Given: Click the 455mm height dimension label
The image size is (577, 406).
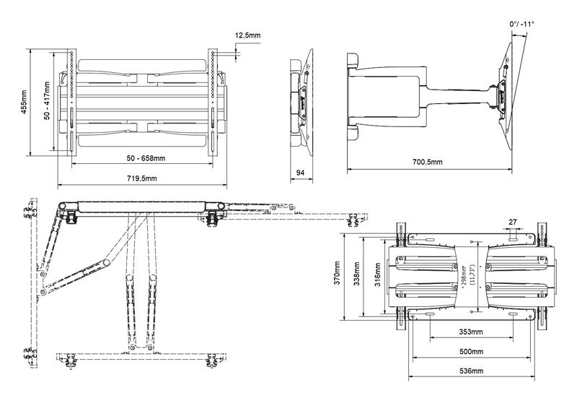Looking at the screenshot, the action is [x=24, y=102].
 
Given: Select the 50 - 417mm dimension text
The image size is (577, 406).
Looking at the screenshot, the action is [x=47, y=100].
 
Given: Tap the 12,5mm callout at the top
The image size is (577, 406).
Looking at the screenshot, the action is [x=247, y=35].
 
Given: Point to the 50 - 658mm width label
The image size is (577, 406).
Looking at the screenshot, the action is [x=146, y=158].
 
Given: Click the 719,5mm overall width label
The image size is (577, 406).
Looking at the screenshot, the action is [x=142, y=178].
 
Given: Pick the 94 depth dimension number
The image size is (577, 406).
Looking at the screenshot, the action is [x=301, y=173].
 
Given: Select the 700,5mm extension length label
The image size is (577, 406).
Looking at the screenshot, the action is [x=427, y=162].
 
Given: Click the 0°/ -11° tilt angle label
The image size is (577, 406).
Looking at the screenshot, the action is [x=521, y=24].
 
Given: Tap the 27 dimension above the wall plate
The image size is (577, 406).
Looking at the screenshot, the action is [x=513, y=222].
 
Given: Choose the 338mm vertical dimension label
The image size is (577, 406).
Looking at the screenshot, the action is [x=356, y=274].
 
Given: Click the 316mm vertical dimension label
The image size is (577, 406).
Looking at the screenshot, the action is [x=377, y=275].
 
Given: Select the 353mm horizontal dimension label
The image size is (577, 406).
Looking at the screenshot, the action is [x=471, y=332].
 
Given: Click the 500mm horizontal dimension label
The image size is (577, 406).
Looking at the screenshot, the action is [x=472, y=352].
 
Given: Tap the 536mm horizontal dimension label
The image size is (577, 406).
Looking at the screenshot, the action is [x=472, y=371].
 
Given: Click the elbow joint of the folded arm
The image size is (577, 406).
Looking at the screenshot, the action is [x=107, y=263].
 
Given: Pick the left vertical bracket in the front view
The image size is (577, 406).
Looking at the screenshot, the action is [x=71, y=103].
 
